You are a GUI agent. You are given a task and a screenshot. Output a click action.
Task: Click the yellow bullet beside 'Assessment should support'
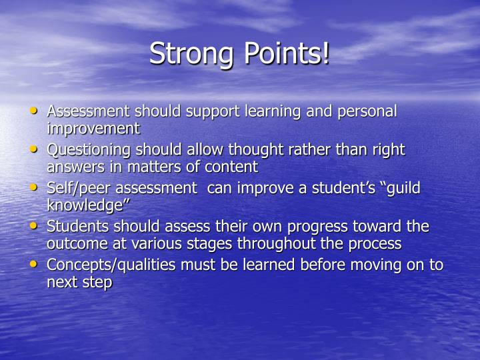click(35, 111)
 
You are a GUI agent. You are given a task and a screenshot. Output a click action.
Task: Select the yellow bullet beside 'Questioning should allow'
click(35, 149)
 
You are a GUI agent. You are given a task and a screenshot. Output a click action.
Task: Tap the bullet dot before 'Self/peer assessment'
click(35, 188)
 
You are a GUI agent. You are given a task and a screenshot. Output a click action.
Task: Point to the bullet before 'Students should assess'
click(35, 227)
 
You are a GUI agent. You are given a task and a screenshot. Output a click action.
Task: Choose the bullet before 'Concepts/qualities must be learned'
click(35, 265)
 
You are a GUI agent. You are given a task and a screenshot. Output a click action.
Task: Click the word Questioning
click(89, 150)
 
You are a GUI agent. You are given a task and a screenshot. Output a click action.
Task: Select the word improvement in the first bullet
click(93, 129)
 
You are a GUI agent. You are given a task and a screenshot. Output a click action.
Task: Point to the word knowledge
click(86, 205)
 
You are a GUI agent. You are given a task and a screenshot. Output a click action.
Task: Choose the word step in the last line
click(97, 283)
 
